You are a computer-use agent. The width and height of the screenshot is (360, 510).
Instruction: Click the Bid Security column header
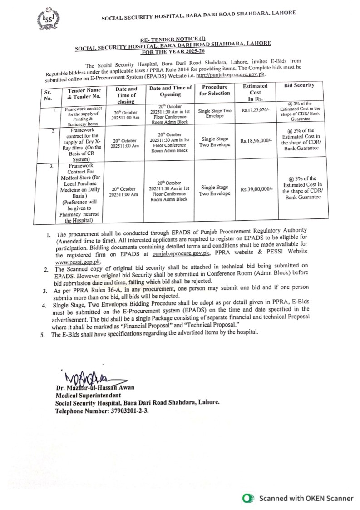[x=299, y=85]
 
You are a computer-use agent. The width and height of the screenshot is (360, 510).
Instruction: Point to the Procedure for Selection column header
[x=215, y=89]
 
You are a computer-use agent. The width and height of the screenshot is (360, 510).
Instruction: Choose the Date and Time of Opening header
[x=171, y=91]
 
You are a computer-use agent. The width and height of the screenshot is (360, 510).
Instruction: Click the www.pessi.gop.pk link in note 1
[x=78, y=262]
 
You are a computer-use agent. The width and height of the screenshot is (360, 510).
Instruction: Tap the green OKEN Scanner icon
[x=247, y=498]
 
